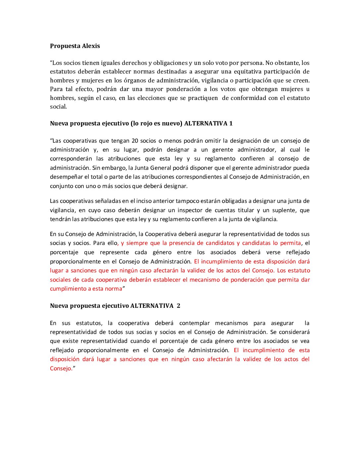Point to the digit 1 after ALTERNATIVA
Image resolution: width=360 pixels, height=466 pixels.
231,123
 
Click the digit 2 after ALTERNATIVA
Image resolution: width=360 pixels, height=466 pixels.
179,306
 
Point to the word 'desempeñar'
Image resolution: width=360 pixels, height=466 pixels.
66,177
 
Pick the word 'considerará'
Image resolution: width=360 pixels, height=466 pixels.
294,332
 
